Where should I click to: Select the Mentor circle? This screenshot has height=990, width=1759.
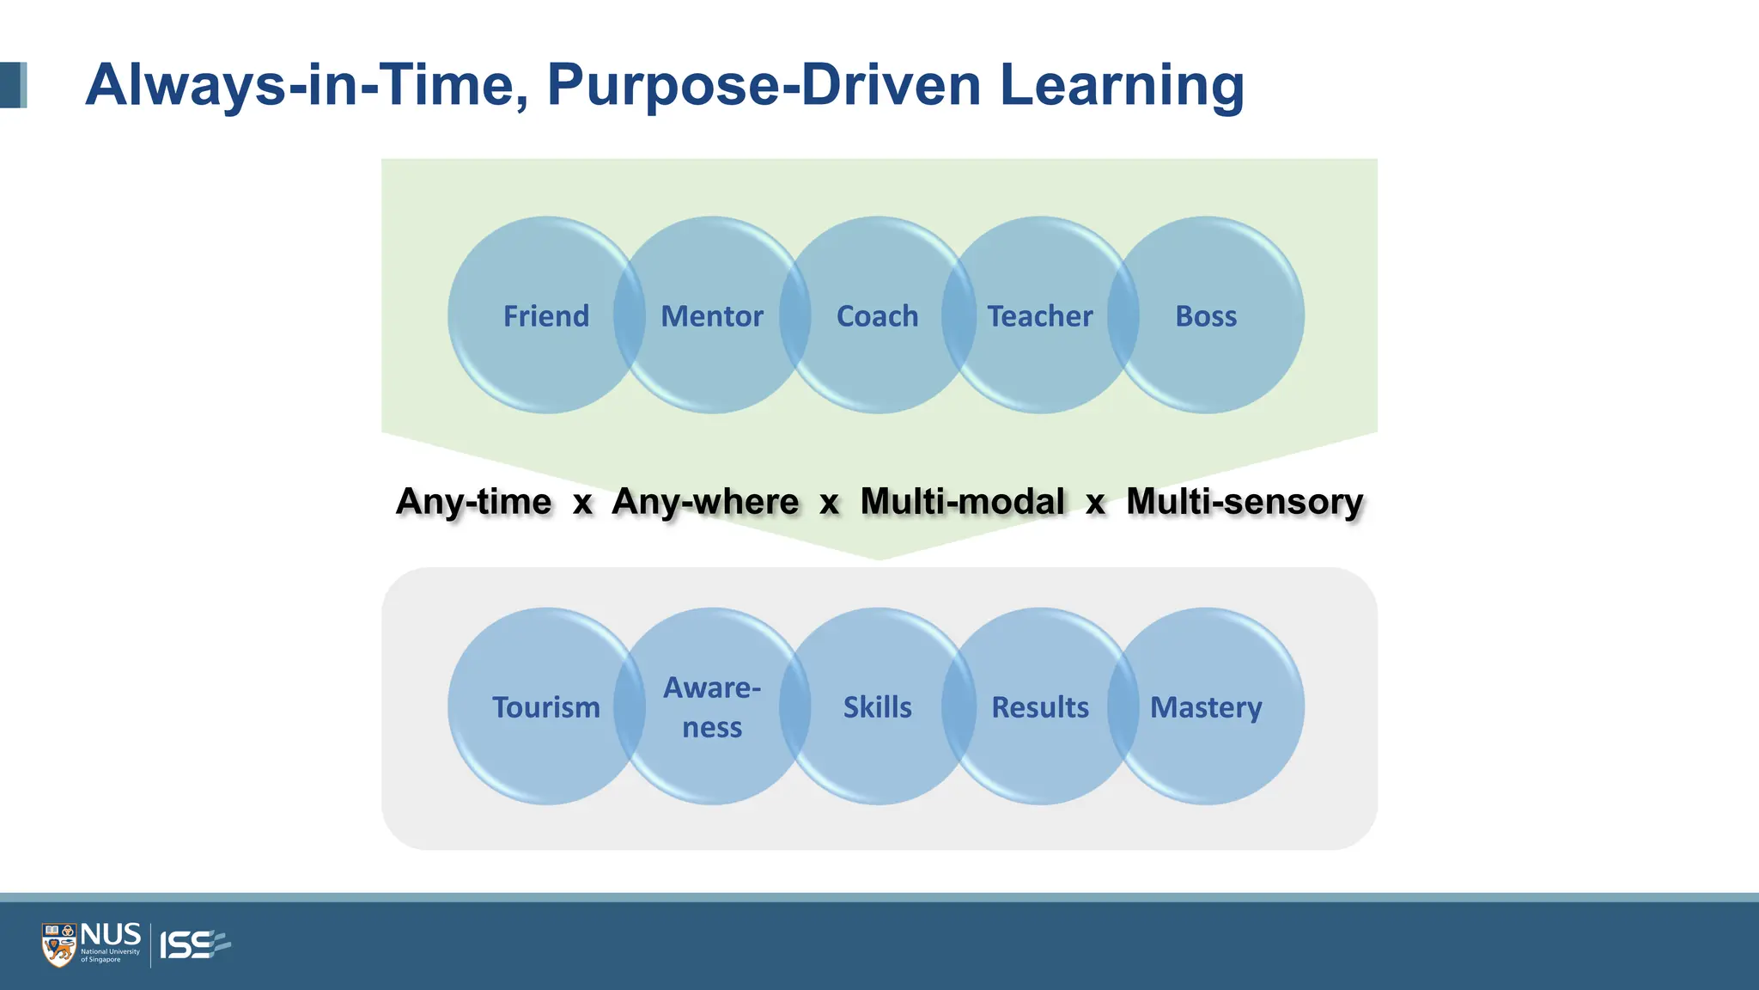click(712, 315)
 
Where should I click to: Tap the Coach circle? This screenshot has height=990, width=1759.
click(878, 315)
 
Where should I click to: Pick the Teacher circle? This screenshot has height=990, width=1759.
click(1040, 315)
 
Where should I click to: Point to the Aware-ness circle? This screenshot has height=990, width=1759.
click(712, 706)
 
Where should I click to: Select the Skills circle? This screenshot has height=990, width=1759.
click(878, 706)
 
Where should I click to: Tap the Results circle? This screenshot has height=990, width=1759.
click(1040, 706)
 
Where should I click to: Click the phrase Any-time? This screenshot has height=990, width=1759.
click(474, 502)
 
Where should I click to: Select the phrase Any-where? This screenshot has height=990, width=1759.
click(705, 502)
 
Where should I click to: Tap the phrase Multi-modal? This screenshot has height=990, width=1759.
click(962, 502)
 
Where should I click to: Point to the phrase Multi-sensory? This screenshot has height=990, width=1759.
click(1245, 502)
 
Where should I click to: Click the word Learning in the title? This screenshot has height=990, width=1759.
click(1122, 85)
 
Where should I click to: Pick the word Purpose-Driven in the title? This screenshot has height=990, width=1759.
click(764, 85)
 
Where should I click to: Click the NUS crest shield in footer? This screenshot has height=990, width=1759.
click(59, 945)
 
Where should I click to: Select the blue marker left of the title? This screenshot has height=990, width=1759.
click(13, 85)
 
